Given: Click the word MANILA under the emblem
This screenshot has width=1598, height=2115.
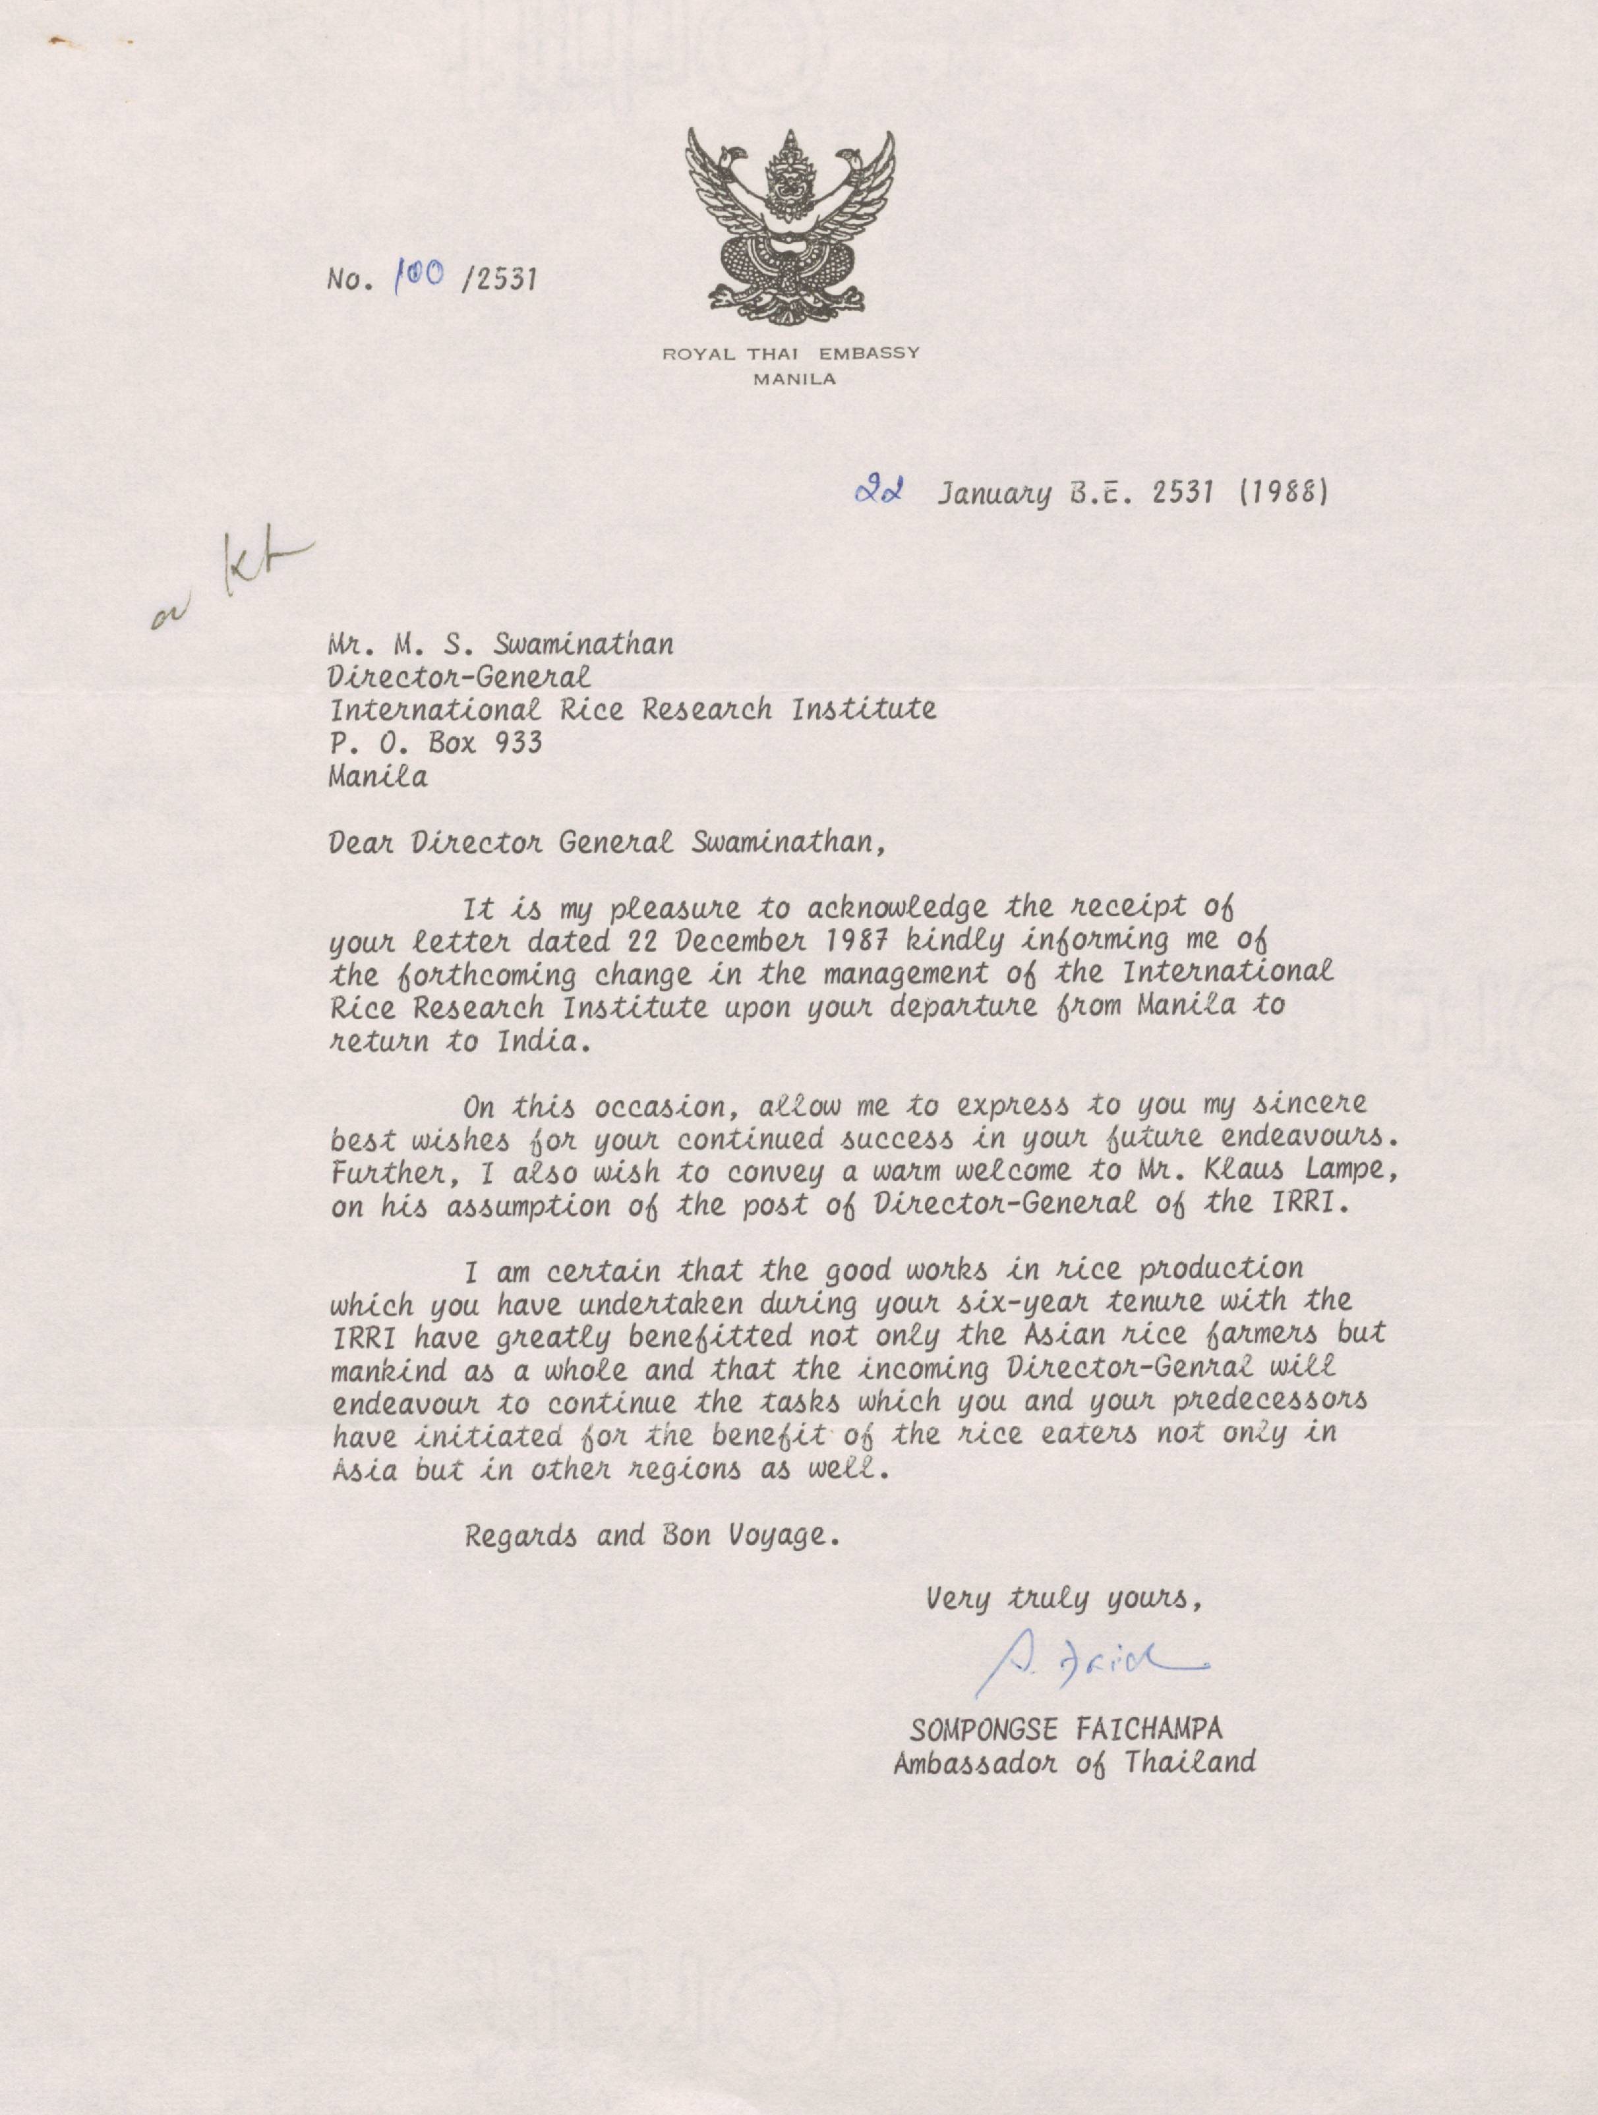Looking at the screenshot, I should tap(794, 378).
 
